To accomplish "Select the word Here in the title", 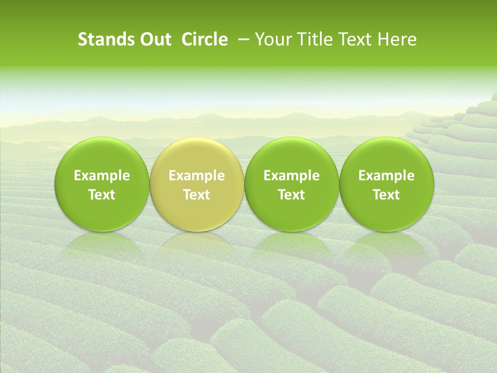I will pos(397,40).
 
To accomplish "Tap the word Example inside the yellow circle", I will pos(197,176).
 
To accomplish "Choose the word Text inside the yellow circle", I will pos(197,195).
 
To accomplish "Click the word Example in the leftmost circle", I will pos(102,176).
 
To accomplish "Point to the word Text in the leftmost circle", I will pos(102,195).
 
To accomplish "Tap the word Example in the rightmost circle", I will pos(387,176).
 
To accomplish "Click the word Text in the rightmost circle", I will pos(387,195).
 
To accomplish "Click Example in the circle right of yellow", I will pos(291,176).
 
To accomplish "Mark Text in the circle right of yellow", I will pos(291,195).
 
